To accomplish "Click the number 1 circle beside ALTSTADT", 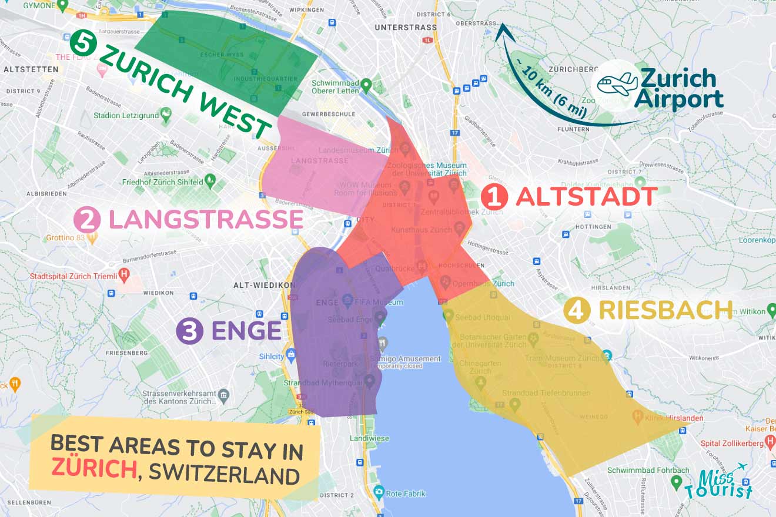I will click(494, 197).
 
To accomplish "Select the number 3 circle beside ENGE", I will click(190, 331).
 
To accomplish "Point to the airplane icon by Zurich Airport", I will click(617, 84).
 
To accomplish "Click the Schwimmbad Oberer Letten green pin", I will click(366, 85).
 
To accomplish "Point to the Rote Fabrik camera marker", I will click(379, 491).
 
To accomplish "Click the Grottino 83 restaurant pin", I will click(92, 238).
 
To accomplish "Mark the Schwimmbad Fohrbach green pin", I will click(677, 482).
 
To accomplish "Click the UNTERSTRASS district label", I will click(406, 27).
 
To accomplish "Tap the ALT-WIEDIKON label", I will click(264, 285).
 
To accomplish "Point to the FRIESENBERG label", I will click(126, 353).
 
